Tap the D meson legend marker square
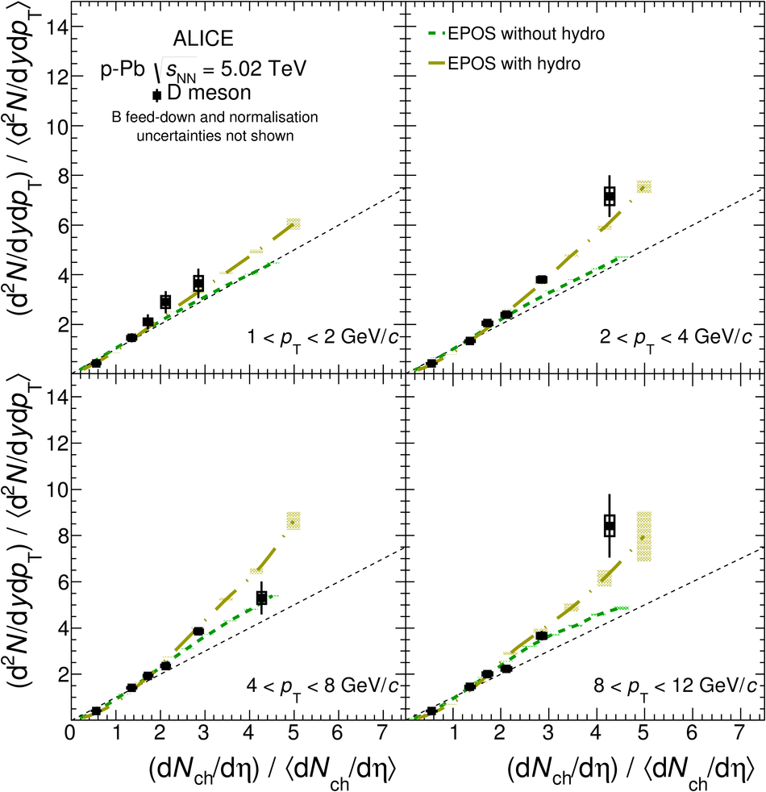click(157, 95)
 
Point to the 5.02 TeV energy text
click(259, 69)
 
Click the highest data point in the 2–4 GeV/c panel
click(610, 195)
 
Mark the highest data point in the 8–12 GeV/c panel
click(610, 526)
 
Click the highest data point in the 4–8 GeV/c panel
click(261, 598)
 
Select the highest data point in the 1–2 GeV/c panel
click(198, 282)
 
